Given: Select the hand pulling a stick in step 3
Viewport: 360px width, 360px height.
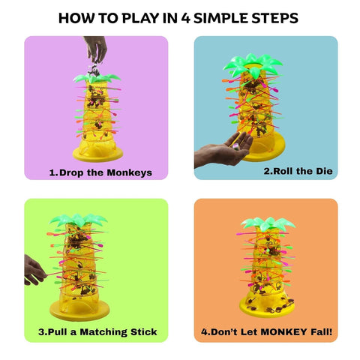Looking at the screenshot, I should pyautogui.click(x=33, y=269).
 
